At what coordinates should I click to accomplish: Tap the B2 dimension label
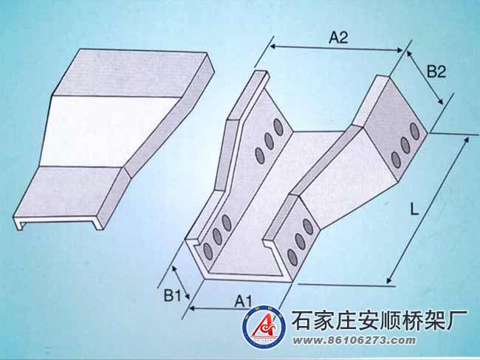pyautogui.click(x=436, y=72)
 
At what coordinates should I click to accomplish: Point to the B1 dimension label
pyautogui.click(x=172, y=295)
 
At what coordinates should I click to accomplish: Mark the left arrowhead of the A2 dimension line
pyautogui.click(x=272, y=46)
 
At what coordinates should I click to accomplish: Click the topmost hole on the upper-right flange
pyautogui.click(x=415, y=131)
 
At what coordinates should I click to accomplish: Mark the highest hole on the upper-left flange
pyautogui.click(x=278, y=126)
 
